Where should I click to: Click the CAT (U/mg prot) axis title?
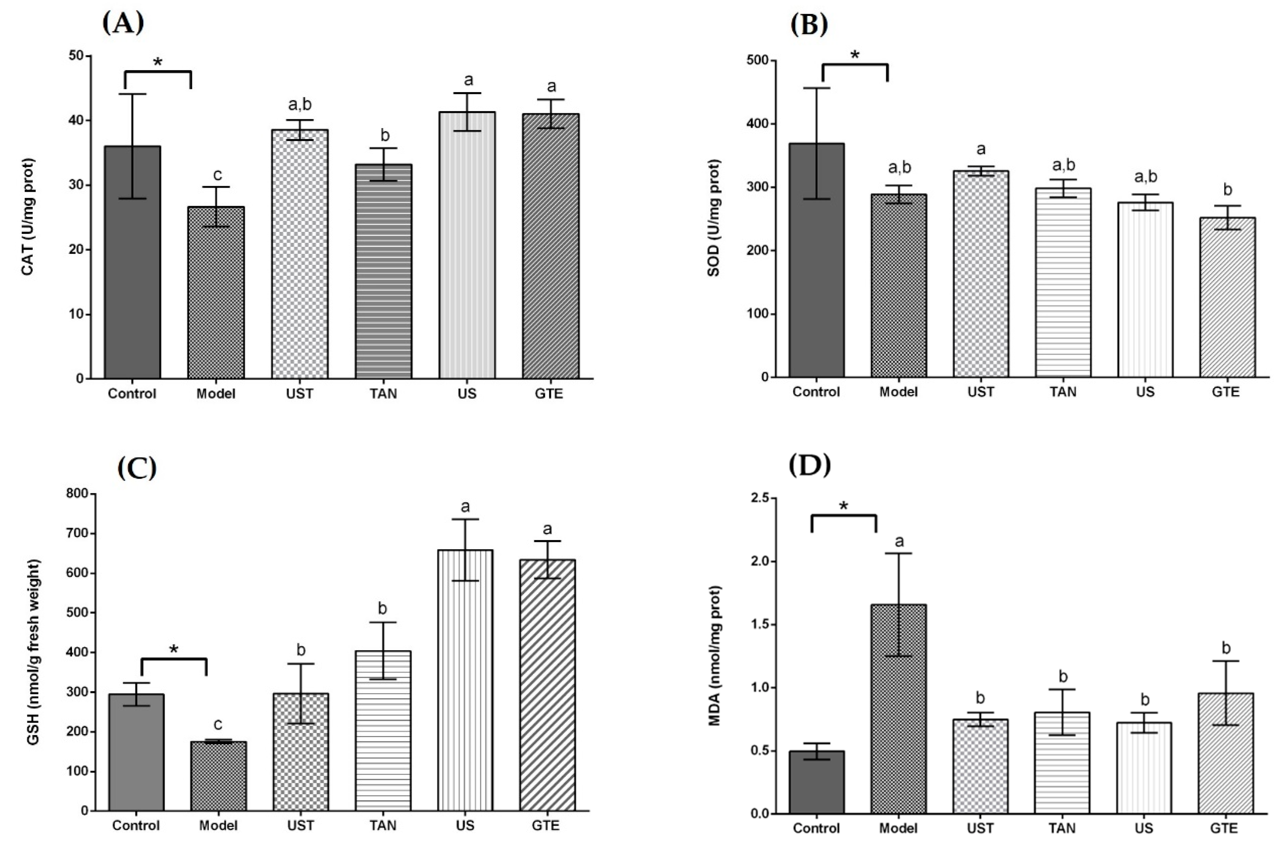(x=28, y=217)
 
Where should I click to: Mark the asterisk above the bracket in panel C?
(x=174, y=649)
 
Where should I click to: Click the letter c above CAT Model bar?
(x=217, y=175)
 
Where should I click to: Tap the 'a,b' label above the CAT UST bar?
(x=300, y=104)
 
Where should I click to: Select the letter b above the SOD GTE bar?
(x=1227, y=190)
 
